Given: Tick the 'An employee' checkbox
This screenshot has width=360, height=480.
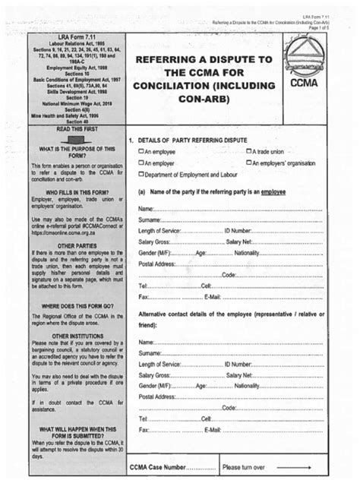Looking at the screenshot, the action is (141, 152).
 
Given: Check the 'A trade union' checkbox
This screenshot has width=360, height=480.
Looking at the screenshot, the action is (249, 152).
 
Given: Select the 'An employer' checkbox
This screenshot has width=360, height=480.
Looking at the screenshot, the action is (141, 163).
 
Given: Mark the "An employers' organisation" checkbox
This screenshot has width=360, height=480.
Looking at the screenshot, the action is (249, 163).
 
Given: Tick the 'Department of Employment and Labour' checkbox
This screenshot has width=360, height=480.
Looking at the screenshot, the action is (141, 175).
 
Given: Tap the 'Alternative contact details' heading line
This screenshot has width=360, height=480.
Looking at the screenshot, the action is (232, 313).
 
